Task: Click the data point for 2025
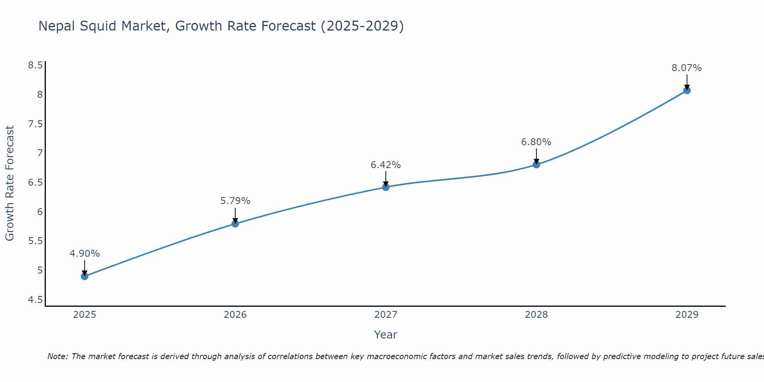pyautogui.click(x=85, y=276)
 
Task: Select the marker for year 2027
pyautogui.click(x=386, y=187)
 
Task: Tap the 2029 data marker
pyautogui.click(x=687, y=91)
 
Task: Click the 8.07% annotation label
pyautogui.click(x=687, y=68)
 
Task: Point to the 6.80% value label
pyautogui.click(x=536, y=142)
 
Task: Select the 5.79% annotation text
pyautogui.click(x=235, y=201)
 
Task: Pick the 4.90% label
pyautogui.click(x=85, y=254)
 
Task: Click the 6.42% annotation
pyautogui.click(x=386, y=165)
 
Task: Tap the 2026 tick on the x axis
pyautogui.click(x=235, y=315)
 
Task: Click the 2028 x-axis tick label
pyautogui.click(x=536, y=315)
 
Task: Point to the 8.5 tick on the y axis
pyautogui.click(x=35, y=65)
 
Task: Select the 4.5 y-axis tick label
pyautogui.click(x=35, y=300)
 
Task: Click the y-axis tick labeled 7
pyautogui.click(x=40, y=153)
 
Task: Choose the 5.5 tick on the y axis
pyautogui.click(x=35, y=241)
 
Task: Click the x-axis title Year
pyautogui.click(x=386, y=335)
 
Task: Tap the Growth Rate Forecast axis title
pyautogui.click(x=10, y=183)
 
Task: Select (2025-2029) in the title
pyautogui.click(x=362, y=26)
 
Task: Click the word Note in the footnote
pyautogui.click(x=57, y=356)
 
